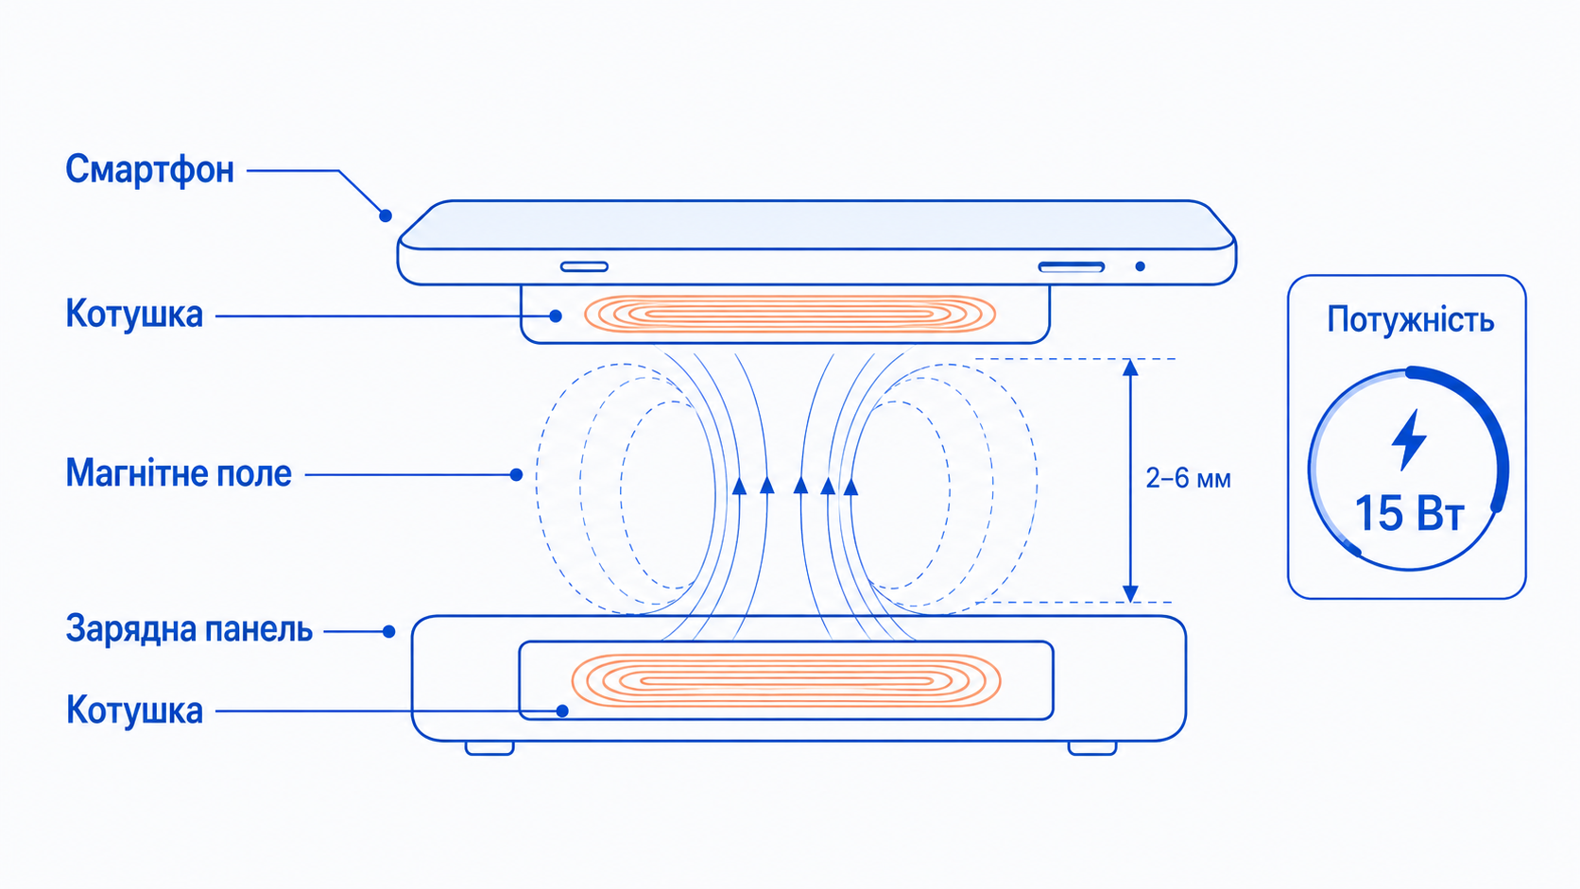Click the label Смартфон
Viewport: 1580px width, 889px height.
click(x=149, y=170)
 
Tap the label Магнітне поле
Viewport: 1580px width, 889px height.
click(x=179, y=473)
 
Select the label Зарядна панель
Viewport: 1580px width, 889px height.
click(x=189, y=629)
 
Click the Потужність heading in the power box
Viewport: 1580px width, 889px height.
click(x=1410, y=320)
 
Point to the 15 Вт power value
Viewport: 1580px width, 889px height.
click(x=1409, y=513)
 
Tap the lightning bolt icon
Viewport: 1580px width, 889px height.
click(x=1409, y=440)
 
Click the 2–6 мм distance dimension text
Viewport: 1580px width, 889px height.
click(x=1188, y=479)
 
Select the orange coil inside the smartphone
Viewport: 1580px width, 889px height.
click(x=790, y=315)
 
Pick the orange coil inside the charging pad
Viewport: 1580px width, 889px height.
click(x=786, y=680)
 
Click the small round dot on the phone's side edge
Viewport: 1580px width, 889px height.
click(x=1140, y=266)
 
